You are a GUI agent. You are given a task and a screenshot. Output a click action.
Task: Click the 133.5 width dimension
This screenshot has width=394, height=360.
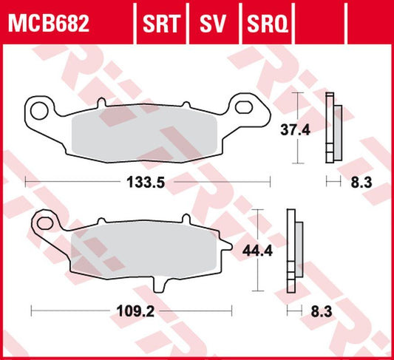click(x=146, y=182)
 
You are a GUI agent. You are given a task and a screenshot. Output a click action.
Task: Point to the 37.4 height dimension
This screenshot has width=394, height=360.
click(x=296, y=130)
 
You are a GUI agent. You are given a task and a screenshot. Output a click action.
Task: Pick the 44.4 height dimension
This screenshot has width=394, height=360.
click(x=254, y=251)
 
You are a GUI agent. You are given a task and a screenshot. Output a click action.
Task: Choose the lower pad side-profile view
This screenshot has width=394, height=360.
click(x=293, y=251)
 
